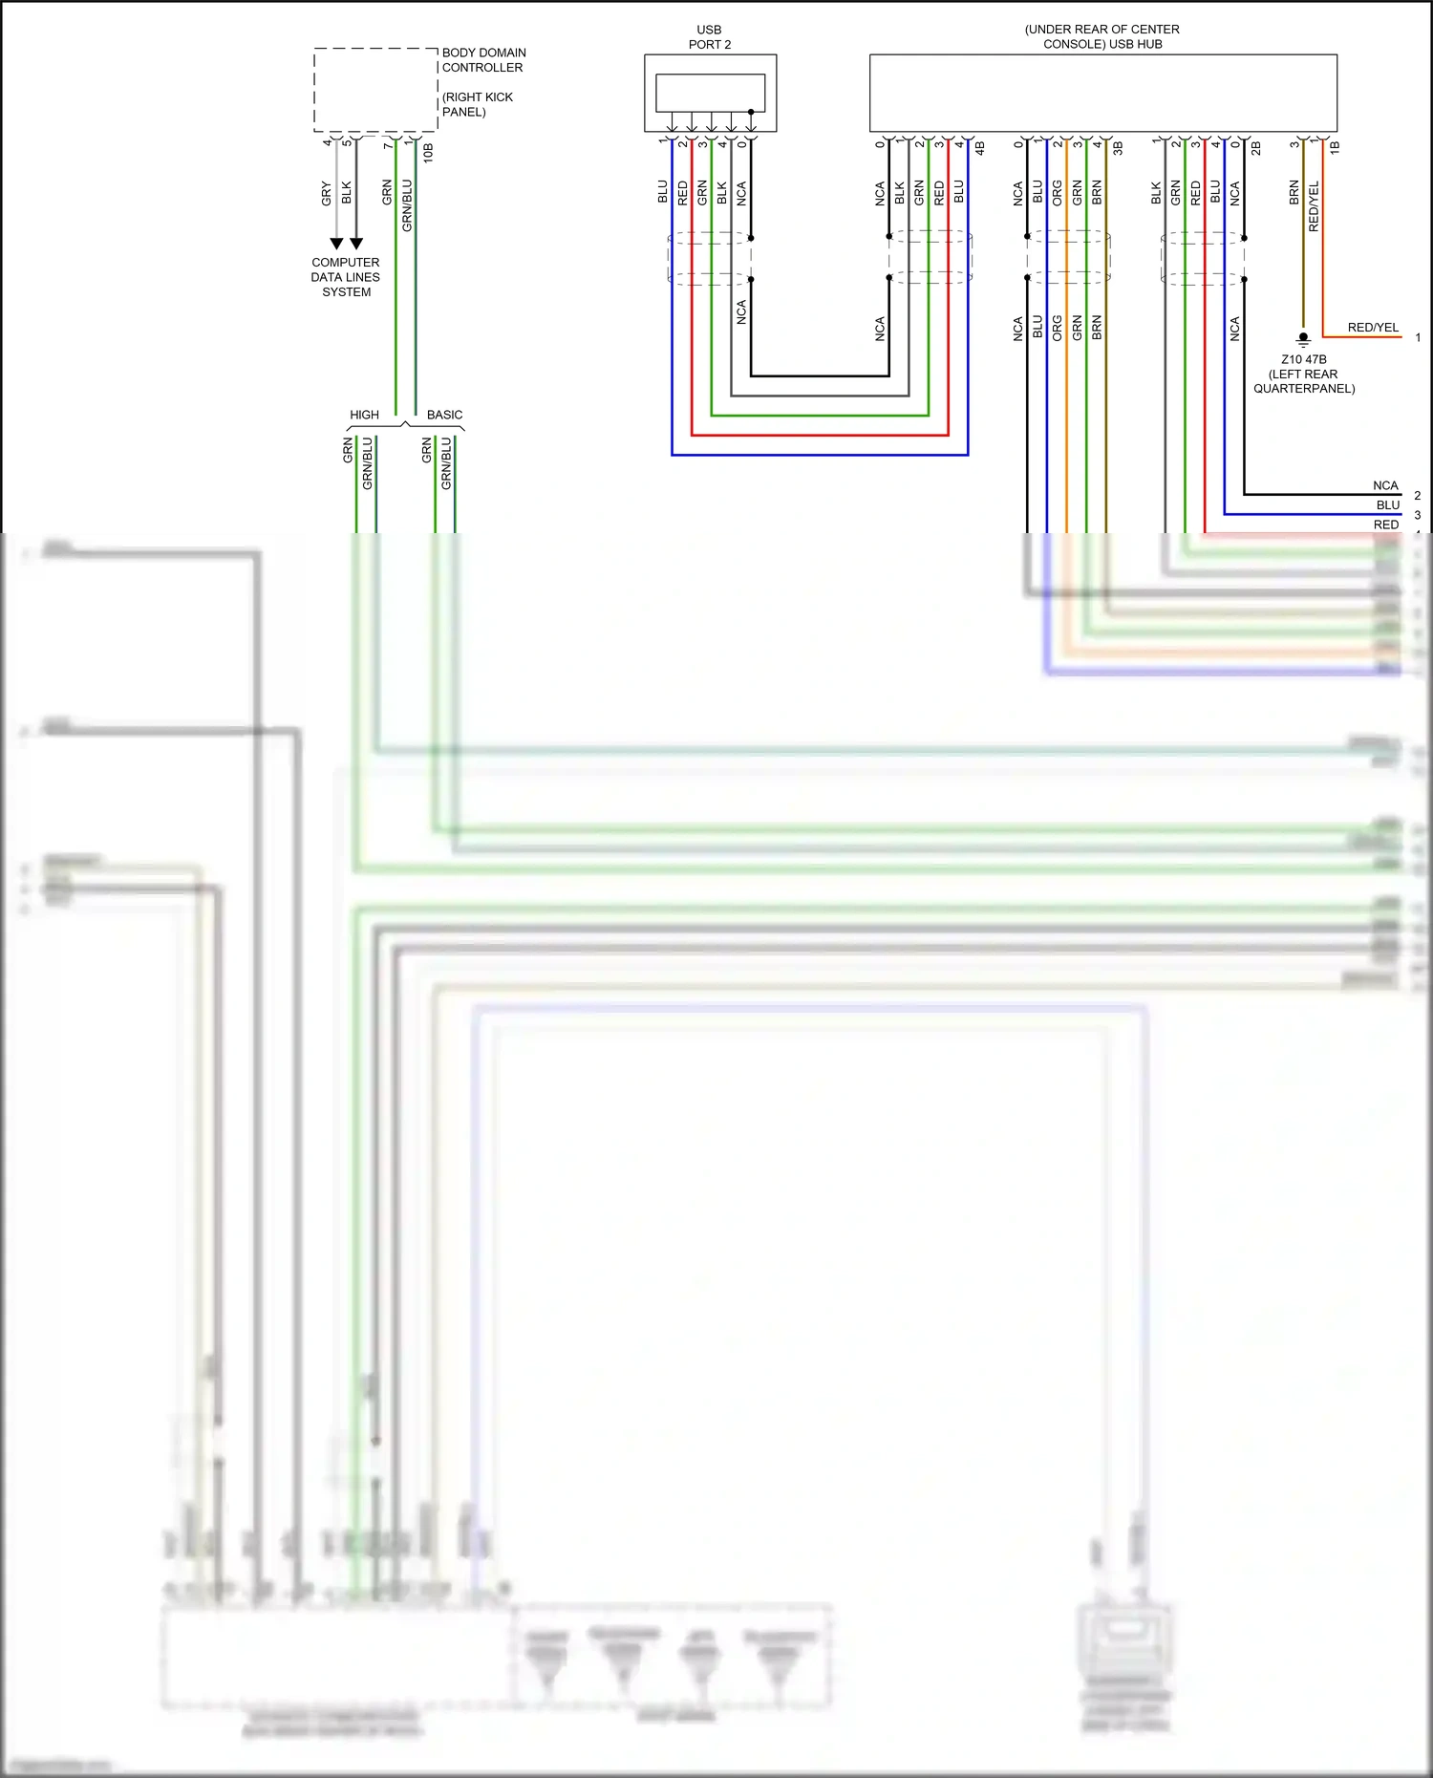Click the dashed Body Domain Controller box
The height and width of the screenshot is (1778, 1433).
(x=375, y=90)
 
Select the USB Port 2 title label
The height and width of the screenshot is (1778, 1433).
(x=709, y=37)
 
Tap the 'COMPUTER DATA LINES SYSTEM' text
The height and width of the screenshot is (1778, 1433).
(x=346, y=277)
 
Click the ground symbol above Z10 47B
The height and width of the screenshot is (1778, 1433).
(x=1303, y=338)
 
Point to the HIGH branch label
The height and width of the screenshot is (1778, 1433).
(x=364, y=415)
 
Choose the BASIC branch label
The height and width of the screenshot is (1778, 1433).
(x=444, y=415)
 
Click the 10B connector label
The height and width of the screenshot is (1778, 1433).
(x=428, y=152)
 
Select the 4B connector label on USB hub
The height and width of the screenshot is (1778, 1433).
(x=979, y=149)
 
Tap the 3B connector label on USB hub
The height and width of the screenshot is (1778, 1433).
(x=1118, y=149)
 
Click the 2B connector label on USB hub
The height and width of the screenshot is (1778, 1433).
(x=1256, y=149)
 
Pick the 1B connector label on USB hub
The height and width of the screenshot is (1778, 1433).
(x=1335, y=148)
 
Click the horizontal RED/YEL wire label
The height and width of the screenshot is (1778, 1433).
(x=1373, y=328)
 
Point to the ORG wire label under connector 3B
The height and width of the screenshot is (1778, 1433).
(x=1058, y=193)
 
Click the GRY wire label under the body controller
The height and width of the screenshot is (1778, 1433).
(x=327, y=193)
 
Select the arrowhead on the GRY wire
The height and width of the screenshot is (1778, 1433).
(x=336, y=244)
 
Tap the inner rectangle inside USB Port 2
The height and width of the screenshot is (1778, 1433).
(x=710, y=93)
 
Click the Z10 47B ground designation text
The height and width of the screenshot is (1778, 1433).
(x=1304, y=360)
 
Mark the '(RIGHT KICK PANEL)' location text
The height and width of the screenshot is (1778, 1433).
(x=477, y=104)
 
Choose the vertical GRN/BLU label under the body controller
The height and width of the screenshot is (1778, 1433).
(x=407, y=204)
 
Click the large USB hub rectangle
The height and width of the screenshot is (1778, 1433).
(x=1102, y=93)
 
